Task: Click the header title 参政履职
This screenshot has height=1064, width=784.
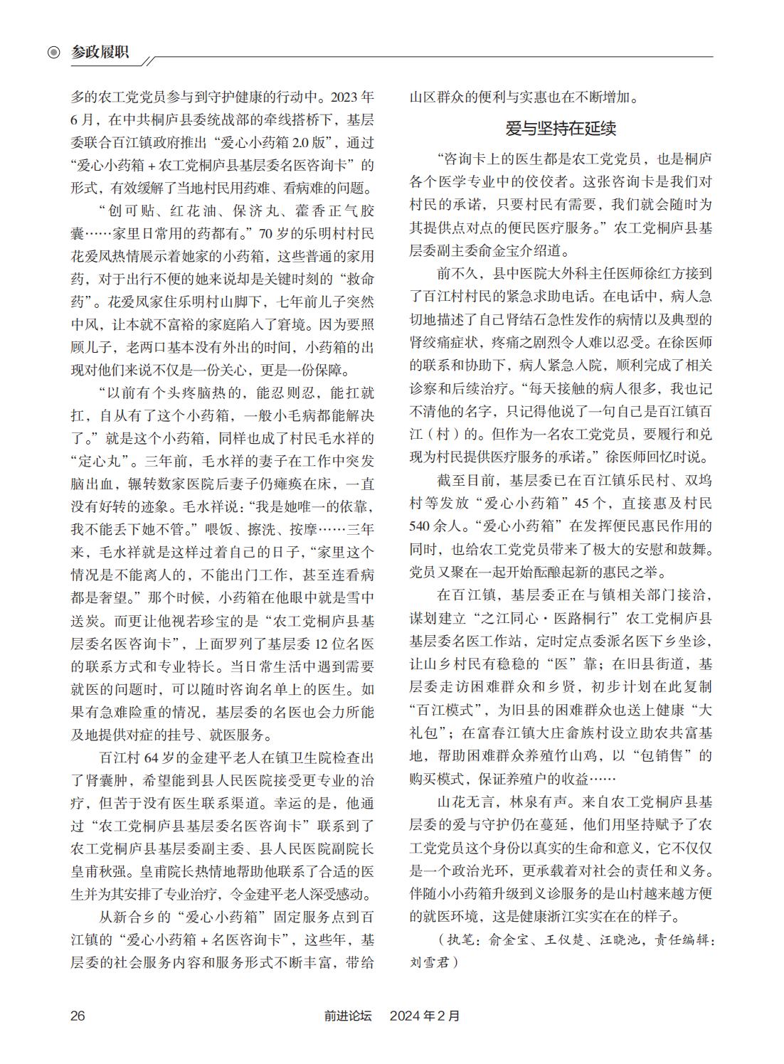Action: [100, 52]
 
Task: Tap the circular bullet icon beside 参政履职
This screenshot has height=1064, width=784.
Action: [54, 53]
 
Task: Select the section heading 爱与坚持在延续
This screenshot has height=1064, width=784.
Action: [561, 129]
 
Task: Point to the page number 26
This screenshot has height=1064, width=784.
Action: [78, 1015]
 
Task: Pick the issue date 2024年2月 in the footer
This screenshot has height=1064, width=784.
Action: [425, 1016]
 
